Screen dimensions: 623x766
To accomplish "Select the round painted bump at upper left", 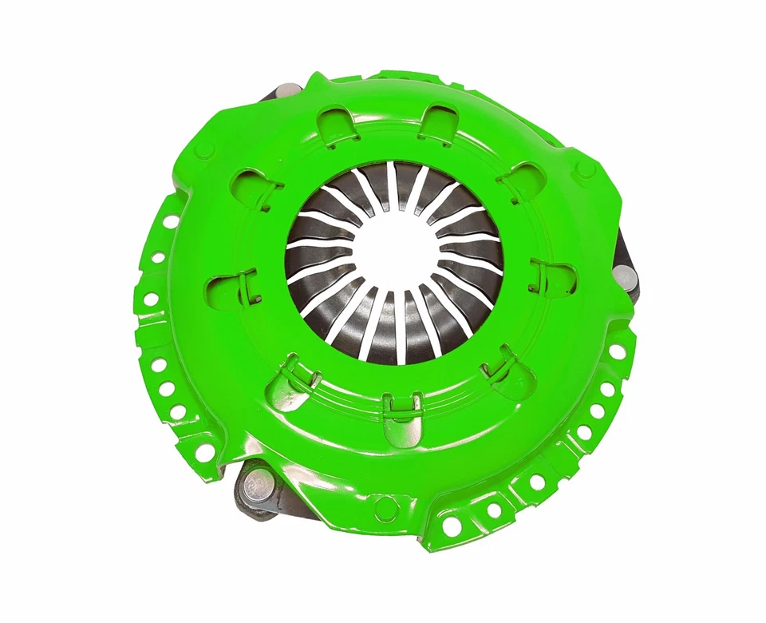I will coord(205,149).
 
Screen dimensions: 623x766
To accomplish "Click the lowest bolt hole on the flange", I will coord(452,526).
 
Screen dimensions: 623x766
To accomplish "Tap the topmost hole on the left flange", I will coord(169,221).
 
